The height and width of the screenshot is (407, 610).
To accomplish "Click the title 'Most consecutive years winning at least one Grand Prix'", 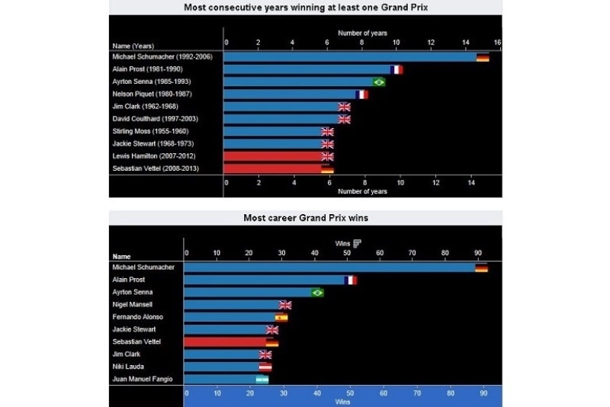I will pyautogui.click(x=305, y=8).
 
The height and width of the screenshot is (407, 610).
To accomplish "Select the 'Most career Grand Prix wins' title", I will pyautogui.click(x=305, y=218).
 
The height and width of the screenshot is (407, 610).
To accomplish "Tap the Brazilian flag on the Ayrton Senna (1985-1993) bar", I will pyautogui.click(x=378, y=82).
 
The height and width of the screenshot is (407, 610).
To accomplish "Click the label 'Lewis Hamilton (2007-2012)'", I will pyautogui.click(x=156, y=156).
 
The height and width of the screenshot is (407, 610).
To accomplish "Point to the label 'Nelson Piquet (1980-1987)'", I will pyautogui.click(x=152, y=95).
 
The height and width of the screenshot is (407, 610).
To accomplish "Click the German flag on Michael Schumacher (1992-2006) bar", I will pyautogui.click(x=483, y=57).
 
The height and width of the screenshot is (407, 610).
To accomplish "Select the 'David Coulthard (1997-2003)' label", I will pyautogui.click(x=156, y=119).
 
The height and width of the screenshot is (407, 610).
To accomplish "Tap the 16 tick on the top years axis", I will pyautogui.click(x=497, y=42).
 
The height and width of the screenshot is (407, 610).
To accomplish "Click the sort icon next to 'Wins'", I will pyautogui.click(x=357, y=243).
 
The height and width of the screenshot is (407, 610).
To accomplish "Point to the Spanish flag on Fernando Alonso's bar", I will pyautogui.click(x=281, y=317).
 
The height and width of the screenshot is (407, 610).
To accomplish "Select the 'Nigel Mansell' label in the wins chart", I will pyautogui.click(x=132, y=305).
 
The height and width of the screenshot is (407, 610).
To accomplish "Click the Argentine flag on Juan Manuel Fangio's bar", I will pyautogui.click(x=262, y=379).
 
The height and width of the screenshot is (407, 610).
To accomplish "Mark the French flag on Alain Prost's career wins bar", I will pyautogui.click(x=351, y=280).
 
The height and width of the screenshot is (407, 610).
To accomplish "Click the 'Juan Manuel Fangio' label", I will pyautogui.click(x=143, y=379).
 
